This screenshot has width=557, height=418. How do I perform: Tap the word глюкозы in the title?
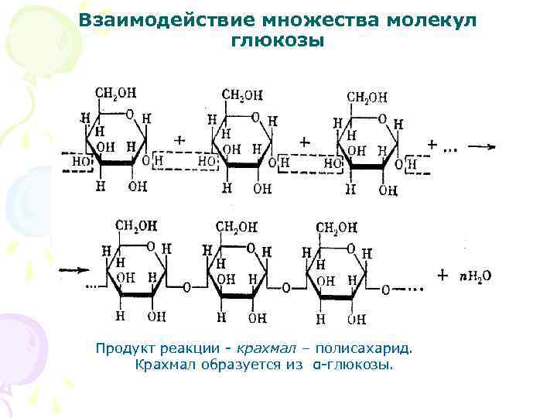(278, 39)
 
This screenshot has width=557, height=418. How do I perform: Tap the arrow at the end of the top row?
(481, 146)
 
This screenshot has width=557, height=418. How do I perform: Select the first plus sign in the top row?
(180, 141)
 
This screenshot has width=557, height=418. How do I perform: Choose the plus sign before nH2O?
(443, 275)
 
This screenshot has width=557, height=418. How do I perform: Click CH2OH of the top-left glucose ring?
(115, 93)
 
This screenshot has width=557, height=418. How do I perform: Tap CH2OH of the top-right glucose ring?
(367, 97)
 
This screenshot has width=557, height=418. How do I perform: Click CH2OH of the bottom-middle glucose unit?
(237, 227)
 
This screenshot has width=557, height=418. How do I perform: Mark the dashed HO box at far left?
(79, 162)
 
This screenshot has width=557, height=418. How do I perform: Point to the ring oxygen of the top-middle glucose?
(255, 118)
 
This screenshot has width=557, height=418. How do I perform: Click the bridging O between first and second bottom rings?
(187, 287)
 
